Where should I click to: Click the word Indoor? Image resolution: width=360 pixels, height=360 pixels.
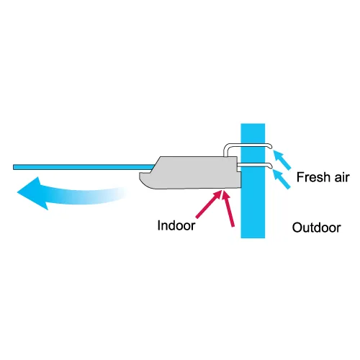pos(176,225)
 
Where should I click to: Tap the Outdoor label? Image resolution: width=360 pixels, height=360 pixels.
pos(316,228)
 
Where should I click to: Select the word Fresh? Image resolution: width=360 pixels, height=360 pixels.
pos(313,177)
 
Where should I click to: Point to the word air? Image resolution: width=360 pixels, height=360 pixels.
pos(341,178)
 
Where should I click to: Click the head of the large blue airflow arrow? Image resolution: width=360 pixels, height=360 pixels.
pos(31,193)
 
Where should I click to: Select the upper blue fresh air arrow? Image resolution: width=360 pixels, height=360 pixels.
pos(282,159)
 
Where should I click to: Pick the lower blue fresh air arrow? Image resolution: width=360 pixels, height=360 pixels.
pos(282,179)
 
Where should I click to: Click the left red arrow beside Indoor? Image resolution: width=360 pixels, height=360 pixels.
pos(208,204)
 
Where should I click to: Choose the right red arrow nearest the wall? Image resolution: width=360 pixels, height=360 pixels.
pos(228,208)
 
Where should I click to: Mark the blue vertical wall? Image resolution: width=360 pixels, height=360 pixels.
pos(253,181)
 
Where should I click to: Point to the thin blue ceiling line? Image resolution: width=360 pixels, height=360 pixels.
pos(84,167)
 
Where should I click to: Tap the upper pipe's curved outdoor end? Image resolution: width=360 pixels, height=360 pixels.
pos(270,146)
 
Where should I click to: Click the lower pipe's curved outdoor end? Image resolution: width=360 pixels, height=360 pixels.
pos(270,166)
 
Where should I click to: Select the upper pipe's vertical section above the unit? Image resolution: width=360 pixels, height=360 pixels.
pos(225,150)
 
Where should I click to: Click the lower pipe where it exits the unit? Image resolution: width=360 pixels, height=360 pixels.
pos(239,165)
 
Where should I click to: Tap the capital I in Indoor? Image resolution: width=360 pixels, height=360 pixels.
pos(159,225)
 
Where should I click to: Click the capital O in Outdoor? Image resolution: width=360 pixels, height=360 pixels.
pos(297,228)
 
